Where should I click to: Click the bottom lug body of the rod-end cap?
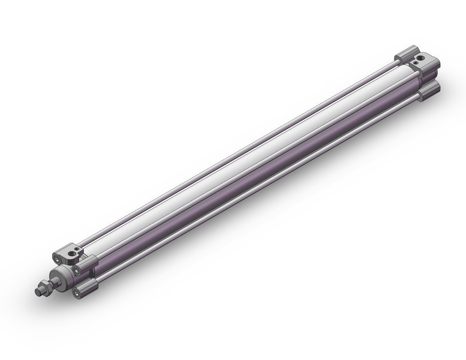(86, 286)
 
